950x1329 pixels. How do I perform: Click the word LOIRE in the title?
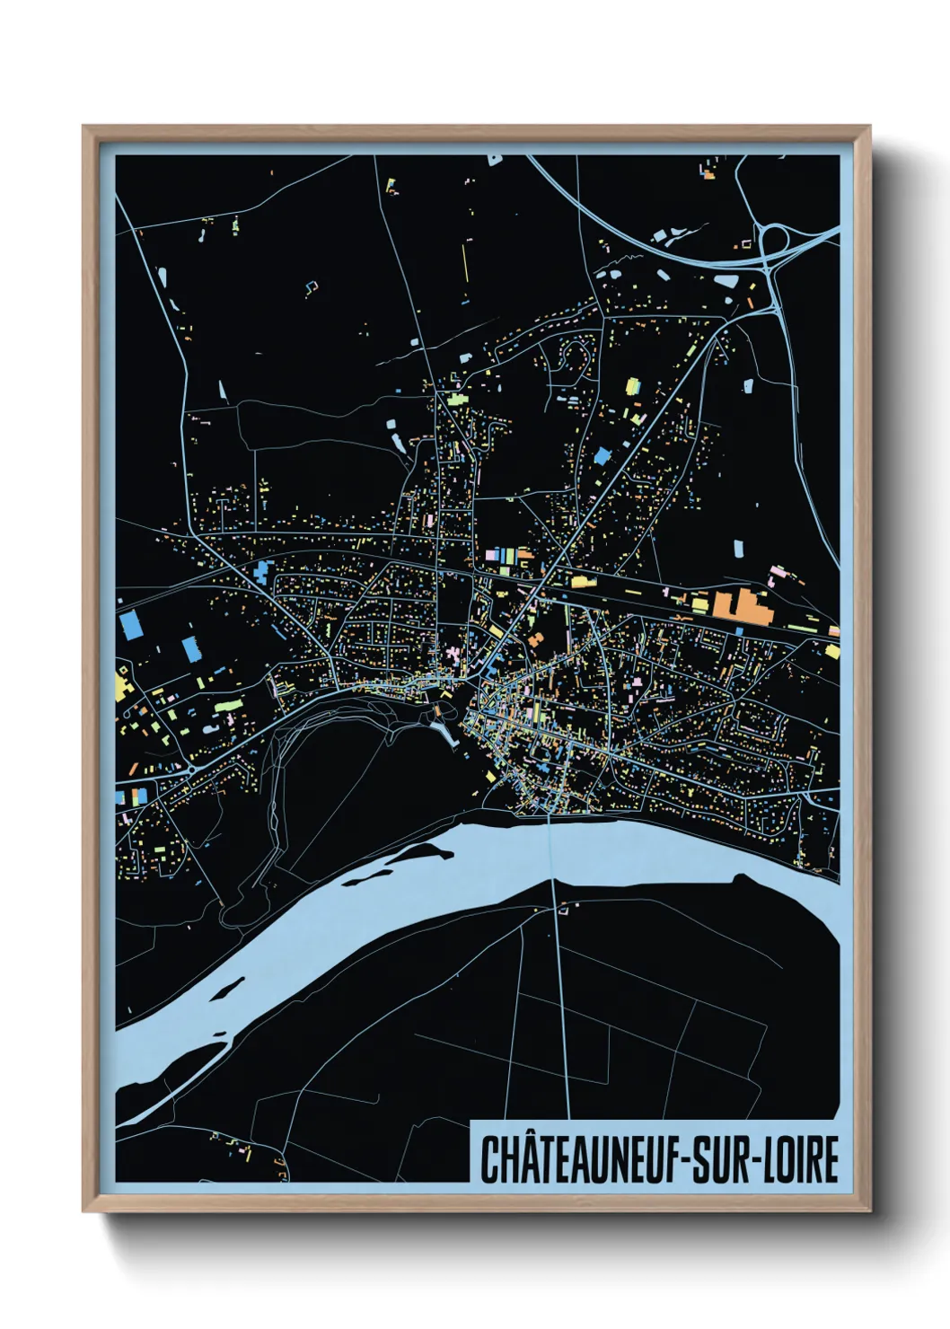tap(802, 1159)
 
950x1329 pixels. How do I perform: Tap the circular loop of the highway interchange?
tap(773, 239)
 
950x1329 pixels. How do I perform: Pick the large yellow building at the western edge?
tap(122, 687)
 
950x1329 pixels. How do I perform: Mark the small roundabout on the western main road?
tap(191, 769)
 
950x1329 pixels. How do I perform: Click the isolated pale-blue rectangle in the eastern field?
tap(738, 549)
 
